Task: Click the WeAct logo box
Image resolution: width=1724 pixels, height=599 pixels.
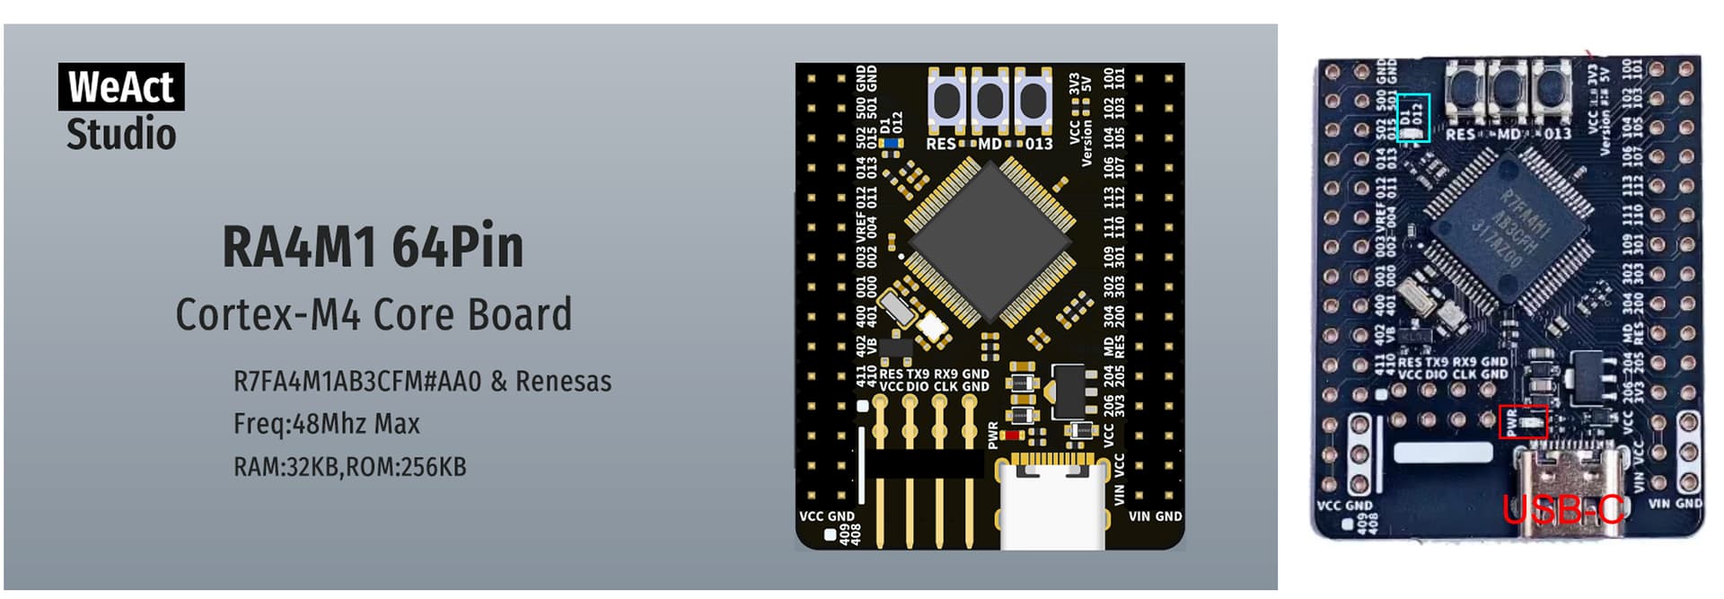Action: click(121, 87)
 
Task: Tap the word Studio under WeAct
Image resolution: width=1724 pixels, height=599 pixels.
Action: click(121, 135)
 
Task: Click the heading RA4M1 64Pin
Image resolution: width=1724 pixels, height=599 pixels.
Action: click(373, 247)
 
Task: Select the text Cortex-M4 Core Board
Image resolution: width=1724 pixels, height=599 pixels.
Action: click(374, 314)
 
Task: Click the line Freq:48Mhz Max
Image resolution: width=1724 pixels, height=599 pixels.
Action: click(327, 424)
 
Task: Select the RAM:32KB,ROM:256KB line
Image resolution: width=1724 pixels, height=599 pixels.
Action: click(350, 467)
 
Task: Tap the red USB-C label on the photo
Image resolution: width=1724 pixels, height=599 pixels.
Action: click(1563, 510)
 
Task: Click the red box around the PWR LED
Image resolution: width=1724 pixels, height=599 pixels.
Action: click(1523, 421)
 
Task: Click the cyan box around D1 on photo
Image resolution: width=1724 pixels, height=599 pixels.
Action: click(1413, 118)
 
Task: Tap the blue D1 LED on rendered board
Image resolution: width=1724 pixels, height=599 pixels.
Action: click(892, 143)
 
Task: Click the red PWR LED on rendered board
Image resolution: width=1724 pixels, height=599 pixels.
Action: click(1013, 436)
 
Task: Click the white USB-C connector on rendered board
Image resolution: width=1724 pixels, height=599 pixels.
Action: click(1051, 503)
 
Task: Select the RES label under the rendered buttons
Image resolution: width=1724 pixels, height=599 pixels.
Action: click(940, 144)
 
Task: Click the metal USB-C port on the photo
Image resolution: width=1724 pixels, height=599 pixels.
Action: click(1563, 485)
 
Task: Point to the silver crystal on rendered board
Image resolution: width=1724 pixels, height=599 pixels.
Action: click(898, 308)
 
